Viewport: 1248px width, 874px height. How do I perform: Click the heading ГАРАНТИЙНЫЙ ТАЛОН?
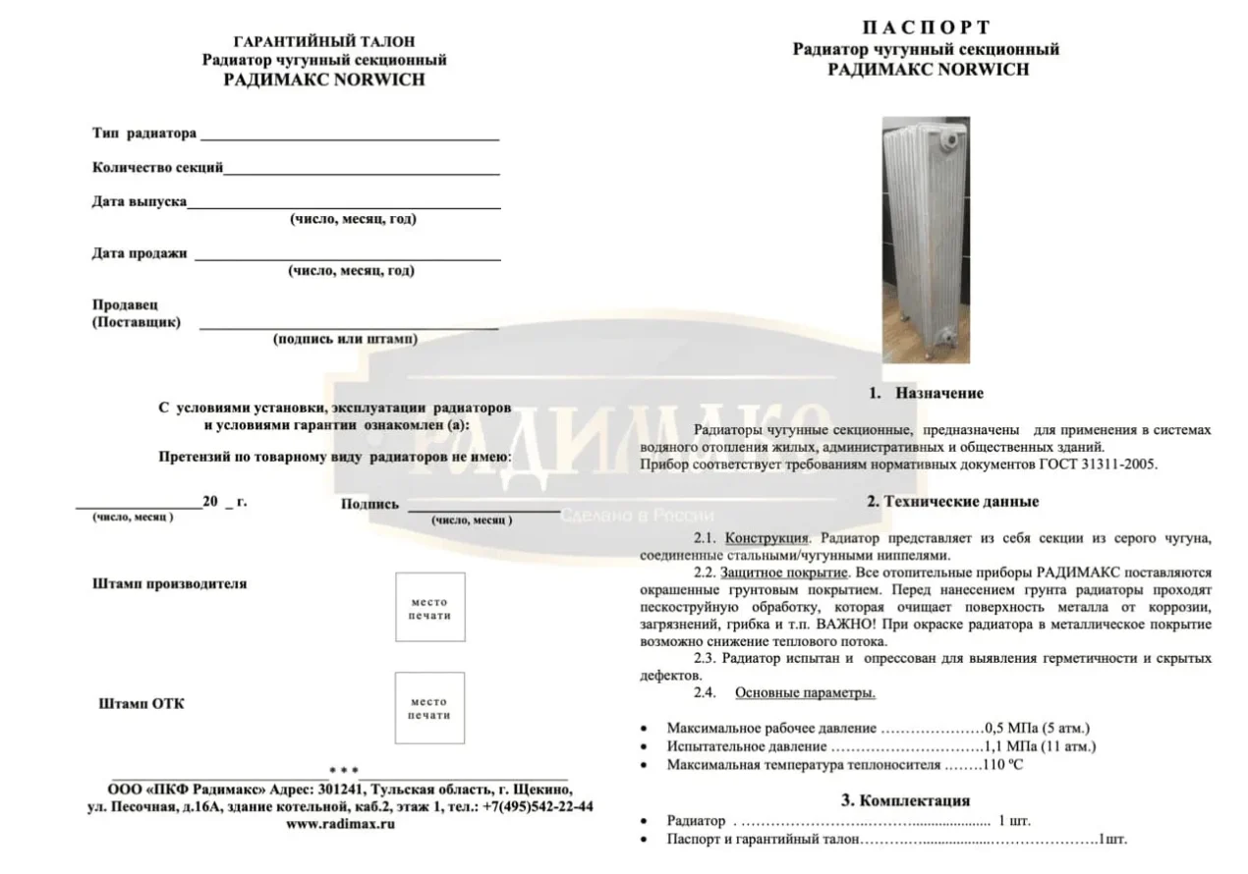[324, 41]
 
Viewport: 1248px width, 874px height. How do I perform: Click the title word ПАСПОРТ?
[926, 27]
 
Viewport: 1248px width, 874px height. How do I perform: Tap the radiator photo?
[926, 235]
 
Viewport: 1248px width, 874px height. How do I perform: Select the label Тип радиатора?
[144, 134]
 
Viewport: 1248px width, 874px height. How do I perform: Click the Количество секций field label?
[157, 167]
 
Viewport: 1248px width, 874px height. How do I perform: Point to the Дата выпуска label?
[139, 201]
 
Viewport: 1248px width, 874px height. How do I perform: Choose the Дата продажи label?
[139, 253]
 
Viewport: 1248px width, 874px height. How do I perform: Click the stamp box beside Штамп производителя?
[429, 608]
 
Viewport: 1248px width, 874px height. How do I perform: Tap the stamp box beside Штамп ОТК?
[429, 708]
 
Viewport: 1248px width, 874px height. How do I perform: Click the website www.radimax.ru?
[340, 824]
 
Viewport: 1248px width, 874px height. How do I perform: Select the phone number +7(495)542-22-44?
[539, 806]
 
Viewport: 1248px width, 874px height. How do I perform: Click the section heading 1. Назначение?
[926, 393]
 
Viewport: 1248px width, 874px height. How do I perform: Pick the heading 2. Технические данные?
[952, 502]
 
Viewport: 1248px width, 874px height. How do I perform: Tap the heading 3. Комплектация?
[905, 800]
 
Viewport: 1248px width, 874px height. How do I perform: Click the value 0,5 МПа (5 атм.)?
[1037, 728]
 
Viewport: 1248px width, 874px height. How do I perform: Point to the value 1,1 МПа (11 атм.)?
[1041, 746]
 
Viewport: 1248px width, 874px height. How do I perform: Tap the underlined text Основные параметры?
[805, 693]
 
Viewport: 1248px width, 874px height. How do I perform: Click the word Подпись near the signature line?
[369, 505]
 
